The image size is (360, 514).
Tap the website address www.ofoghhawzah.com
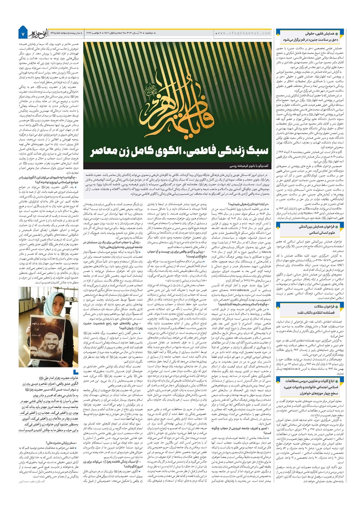(x=243, y=33)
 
